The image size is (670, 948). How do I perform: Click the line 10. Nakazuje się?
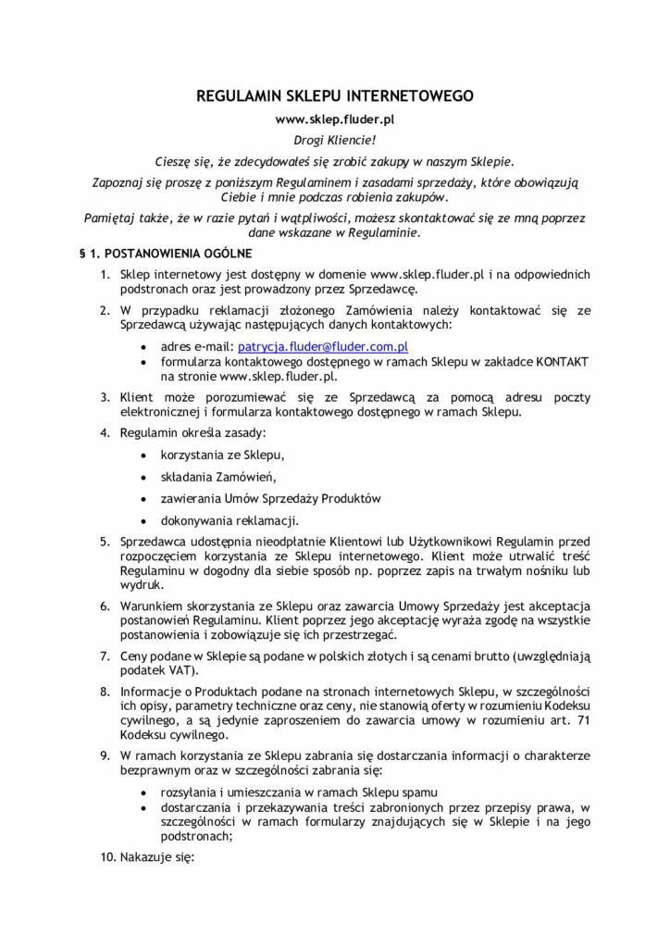(x=146, y=858)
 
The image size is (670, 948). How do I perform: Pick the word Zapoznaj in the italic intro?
(x=123, y=181)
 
